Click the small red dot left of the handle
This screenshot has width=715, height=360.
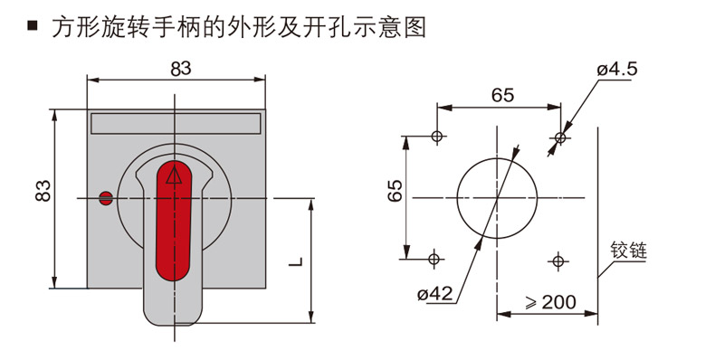(x=105, y=197)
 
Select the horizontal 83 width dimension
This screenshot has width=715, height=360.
(x=181, y=68)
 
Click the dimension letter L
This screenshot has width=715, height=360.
(x=295, y=262)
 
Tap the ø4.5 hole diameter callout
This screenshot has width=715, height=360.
(x=618, y=69)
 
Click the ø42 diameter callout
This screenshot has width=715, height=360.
(x=435, y=294)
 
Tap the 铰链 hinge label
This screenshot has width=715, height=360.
(x=627, y=250)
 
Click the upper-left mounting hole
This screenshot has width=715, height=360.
(x=437, y=137)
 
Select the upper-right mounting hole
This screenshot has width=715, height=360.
(x=560, y=137)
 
